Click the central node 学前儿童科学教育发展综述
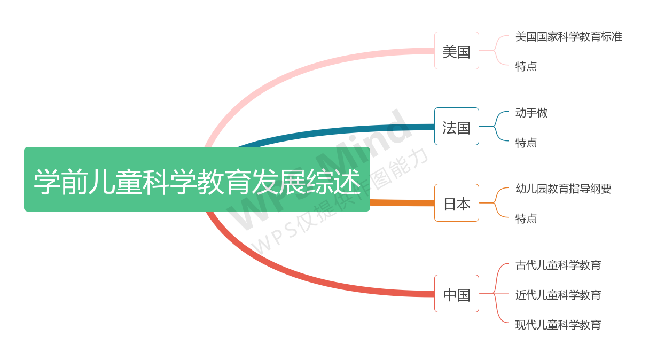(197, 179)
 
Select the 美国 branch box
(456, 51)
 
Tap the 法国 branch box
(456, 127)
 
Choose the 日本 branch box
(456, 203)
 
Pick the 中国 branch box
(456, 294)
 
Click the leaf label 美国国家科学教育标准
(568, 36)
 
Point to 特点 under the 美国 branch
(526, 66)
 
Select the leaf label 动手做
(531, 113)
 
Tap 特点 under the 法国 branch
(526, 143)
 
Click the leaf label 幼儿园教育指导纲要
(563, 189)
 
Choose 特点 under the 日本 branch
(526, 218)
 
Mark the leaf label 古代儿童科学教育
(558, 265)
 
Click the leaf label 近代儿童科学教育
(558, 295)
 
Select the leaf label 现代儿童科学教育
(558, 325)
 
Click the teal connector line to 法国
(342, 130)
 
